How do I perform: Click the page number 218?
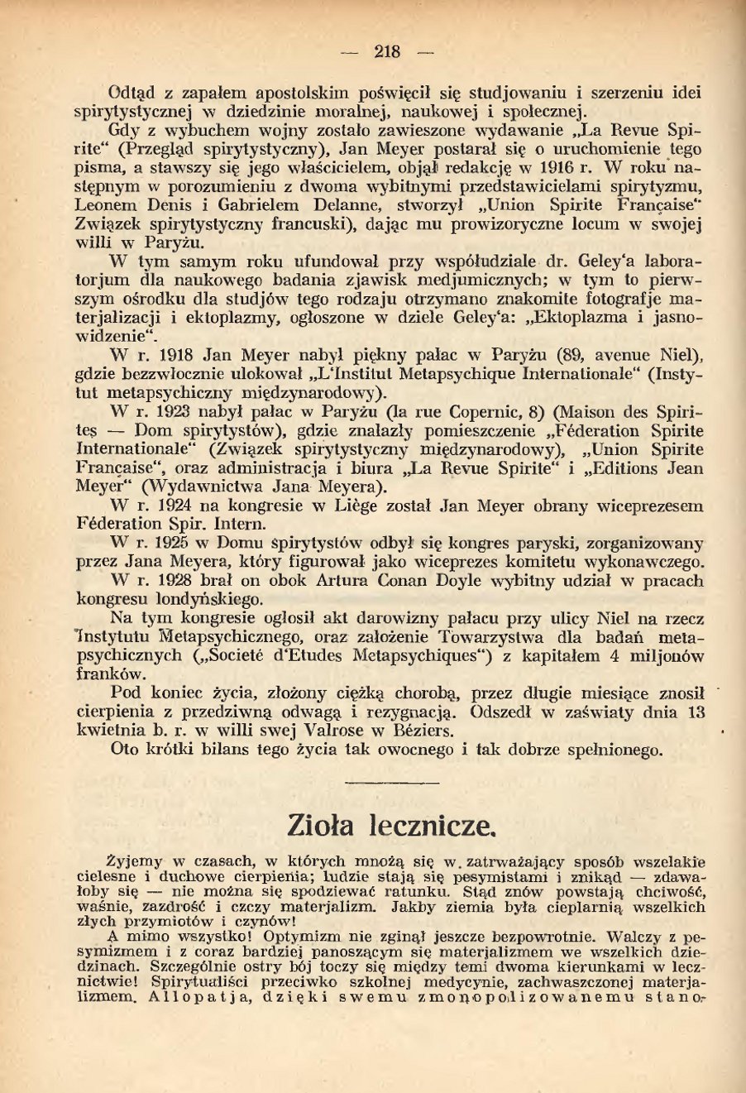387,51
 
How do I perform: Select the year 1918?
176,357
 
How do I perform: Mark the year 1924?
176,506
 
